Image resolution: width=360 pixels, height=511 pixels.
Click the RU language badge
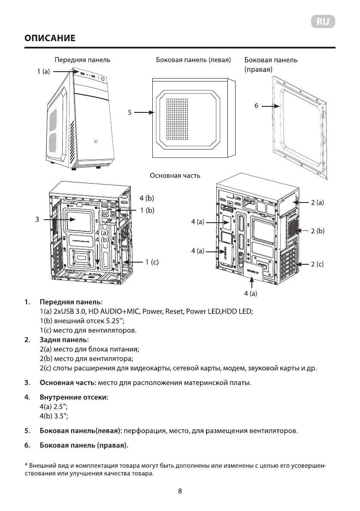[x=323, y=22]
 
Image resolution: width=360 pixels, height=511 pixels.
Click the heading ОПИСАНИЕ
[x=50, y=38]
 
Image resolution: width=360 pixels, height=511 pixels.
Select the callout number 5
[x=129, y=113]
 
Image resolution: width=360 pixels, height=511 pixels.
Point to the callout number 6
[x=256, y=105]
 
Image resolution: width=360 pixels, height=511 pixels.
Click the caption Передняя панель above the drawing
[x=82, y=60]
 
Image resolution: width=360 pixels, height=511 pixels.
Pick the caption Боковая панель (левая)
[x=193, y=60]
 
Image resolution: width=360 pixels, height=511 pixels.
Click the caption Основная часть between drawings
[x=175, y=175]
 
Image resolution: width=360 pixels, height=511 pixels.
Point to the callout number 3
[x=37, y=219]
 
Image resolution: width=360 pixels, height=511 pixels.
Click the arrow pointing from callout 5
[x=143, y=113]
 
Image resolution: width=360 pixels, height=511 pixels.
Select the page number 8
[x=180, y=492]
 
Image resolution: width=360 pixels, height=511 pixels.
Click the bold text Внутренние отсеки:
[x=73, y=397]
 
